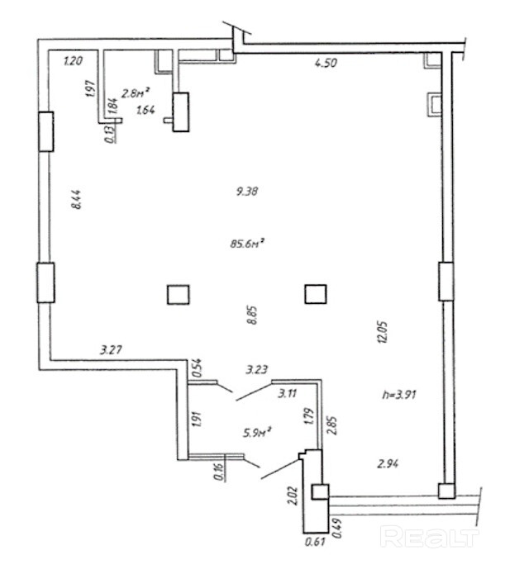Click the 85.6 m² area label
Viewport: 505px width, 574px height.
click(x=247, y=244)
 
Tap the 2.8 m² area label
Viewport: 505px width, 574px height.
click(x=136, y=93)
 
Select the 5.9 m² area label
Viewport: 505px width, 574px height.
click(x=258, y=430)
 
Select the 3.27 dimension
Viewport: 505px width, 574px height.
click(x=111, y=349)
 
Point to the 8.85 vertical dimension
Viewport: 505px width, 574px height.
click(x=253, y=315)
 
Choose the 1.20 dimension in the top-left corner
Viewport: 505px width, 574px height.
click(x=74, y=60)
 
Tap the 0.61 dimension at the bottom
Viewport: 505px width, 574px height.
click(x=313, y=543)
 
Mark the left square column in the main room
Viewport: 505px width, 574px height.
click(x=179, y=295)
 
